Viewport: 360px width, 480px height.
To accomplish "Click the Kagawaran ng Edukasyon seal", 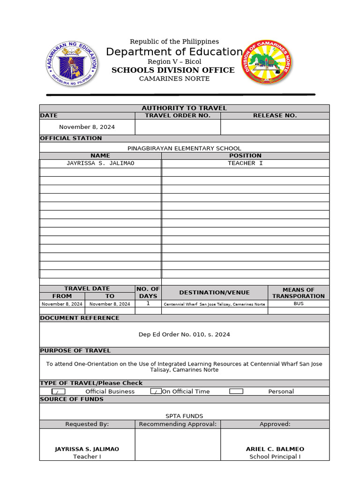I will tap(72, 63).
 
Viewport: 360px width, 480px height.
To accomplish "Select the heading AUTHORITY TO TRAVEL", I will tap(184, 108).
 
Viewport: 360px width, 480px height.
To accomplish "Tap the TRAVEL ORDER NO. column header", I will tap(178, 116).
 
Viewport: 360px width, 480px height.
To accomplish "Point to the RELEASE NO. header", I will tap(275, 116).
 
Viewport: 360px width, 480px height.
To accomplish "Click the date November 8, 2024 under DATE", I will tap(87, 127).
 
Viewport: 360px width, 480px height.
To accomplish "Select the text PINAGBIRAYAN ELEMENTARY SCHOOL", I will tap(184, 148).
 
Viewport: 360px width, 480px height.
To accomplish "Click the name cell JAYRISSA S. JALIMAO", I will tap(100, 164).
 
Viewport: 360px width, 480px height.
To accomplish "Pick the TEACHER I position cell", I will tap(245, 164).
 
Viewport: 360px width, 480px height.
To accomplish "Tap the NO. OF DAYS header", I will tap(148, 292).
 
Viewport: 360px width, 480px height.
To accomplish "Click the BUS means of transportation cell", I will tap(298, 304).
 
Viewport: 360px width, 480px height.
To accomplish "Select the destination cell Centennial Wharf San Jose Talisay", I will tap(214, 304).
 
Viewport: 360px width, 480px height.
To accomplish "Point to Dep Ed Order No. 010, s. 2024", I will tap(184, 335).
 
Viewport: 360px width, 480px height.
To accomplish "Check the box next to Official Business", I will tap(58, 391).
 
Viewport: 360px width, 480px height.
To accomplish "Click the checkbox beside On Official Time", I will tap(156, 391).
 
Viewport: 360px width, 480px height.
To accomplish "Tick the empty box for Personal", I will tap(236, 391).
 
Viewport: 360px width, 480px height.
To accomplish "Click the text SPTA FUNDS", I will tap(184, 416).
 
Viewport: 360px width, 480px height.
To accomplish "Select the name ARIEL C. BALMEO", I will tap(275, 449).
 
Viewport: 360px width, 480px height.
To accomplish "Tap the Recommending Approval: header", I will tap(178, 424).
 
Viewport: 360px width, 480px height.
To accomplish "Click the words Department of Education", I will tap(174, 52).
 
